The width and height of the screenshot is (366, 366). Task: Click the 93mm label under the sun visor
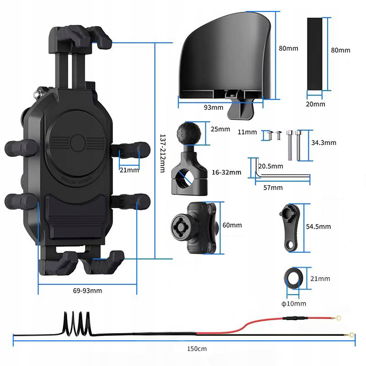pyautogui.click(x=213, y=108)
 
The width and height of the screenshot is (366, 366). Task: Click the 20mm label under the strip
pyautogui.click(x=315, y=104)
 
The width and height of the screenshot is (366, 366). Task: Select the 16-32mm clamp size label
pyautogui.click(x=226, y=172)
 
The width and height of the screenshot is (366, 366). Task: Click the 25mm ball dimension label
pyautogui.click(x=220, y=129)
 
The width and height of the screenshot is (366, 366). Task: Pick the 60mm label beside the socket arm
pyautogui.click(x=232, y=225)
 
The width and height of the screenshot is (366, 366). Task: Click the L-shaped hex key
pyautogui.click(x=274, y=176)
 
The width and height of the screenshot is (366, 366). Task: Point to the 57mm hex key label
pyautogui.click(x=273, y=187)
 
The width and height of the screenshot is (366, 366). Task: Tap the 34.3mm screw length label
pyautogui.click(x=323, y=143)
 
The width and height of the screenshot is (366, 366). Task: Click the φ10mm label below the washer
pyautogui.click(x=294, y=303)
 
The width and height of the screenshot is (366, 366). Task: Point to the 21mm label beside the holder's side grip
pyautogui.click(x=129, y=170)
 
